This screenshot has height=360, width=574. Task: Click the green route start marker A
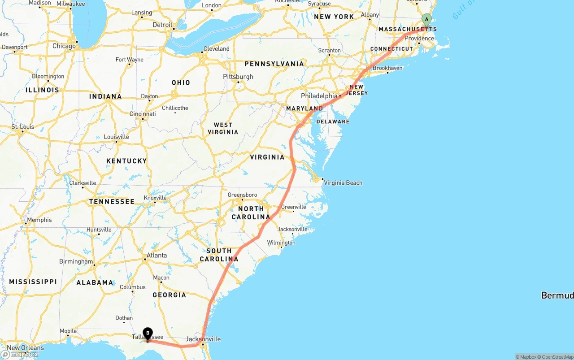426,19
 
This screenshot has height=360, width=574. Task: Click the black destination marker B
148,333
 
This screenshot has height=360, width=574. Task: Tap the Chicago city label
64,46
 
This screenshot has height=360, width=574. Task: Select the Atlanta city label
157,256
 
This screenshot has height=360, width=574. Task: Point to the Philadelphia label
319,96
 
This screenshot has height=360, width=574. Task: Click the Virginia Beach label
343,182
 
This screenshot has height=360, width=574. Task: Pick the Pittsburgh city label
238,77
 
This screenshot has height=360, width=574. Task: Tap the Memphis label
39,220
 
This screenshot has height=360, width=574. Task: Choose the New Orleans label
26,347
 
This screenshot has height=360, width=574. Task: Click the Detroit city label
162,25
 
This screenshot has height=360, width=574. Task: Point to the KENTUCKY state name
126,161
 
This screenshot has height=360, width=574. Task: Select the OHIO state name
181,82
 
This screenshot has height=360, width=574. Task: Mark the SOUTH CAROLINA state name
219,255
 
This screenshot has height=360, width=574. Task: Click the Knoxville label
155,198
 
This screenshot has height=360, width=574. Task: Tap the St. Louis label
23,127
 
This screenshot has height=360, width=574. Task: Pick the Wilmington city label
281,243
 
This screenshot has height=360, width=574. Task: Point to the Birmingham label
76,261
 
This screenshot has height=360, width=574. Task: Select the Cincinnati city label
143,114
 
